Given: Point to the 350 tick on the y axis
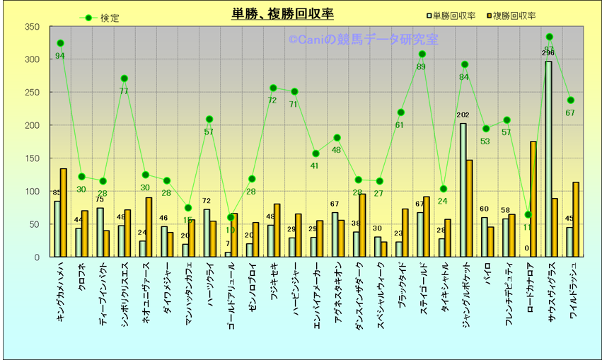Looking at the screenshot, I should point(32,27).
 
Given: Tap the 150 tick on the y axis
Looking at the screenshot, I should point(32,158).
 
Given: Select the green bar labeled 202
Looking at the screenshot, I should point(463,190).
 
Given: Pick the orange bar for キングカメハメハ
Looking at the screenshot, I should point(64,213).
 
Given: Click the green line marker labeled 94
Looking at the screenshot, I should point(60,43).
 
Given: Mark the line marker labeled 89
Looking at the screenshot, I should point(422,54).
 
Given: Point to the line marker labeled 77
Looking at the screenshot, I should point(124,79).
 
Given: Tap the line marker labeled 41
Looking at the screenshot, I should point(316,153).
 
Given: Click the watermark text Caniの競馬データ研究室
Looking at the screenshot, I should point(363,40).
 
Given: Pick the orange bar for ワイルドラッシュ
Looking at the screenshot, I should point(576,220).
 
